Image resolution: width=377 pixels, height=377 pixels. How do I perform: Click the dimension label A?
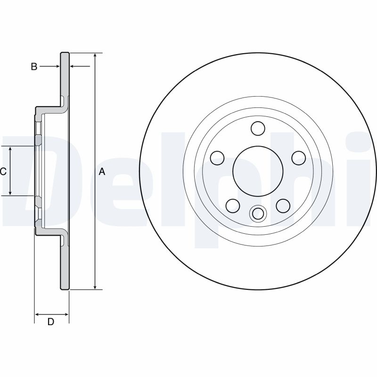click(102, 172)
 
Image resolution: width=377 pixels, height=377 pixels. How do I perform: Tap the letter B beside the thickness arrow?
click(34, 67)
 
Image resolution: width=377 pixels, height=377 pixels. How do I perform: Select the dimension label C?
click(3, 172)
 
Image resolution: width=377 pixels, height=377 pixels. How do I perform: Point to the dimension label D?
click(51, 322)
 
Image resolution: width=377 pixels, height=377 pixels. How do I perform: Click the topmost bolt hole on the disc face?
click(257, 128)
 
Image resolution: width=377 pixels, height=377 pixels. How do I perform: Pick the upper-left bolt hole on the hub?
click(217, 158)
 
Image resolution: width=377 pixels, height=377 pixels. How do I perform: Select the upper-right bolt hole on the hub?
click(298, 158)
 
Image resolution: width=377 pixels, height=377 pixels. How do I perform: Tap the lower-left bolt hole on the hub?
click(232, 205)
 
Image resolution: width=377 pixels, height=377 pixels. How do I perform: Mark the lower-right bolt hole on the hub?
click(282, 205)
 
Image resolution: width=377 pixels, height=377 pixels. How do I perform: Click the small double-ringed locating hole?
click(257, 214)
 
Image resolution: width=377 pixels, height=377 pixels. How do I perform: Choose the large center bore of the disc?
click(257, 171)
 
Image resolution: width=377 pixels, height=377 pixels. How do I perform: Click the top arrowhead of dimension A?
click(96, 56)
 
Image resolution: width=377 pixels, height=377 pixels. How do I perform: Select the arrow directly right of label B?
click(57, 67)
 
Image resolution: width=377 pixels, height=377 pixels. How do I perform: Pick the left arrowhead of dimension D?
click(38, 314)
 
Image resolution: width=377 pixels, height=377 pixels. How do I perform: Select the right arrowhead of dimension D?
click(66, 314)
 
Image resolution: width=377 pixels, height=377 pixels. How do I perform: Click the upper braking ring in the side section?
click(65, 75)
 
